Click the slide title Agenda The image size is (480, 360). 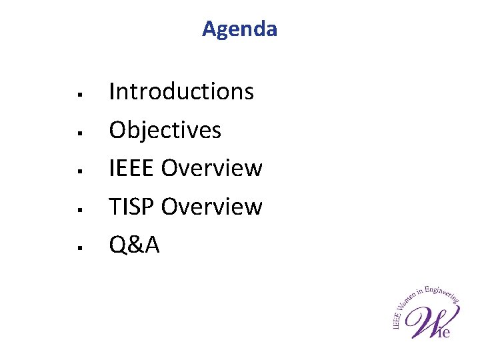click(x=239, y=29)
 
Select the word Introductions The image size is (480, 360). click(x=181, y=91)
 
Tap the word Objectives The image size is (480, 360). click(x=165, y=129)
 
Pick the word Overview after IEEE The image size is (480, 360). click(x=212, y=168)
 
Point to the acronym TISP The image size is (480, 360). click(x=132, y=207)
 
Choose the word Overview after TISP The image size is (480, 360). click(x=212, y=207)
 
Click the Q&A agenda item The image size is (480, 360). click(x=134, y=245)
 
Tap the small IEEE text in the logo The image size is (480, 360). click(x=397, y=321)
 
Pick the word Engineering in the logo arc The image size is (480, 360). click(x=443, y=291)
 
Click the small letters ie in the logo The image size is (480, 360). click(x=443, y=331)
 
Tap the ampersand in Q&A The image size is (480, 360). click(x=135, y=245)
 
